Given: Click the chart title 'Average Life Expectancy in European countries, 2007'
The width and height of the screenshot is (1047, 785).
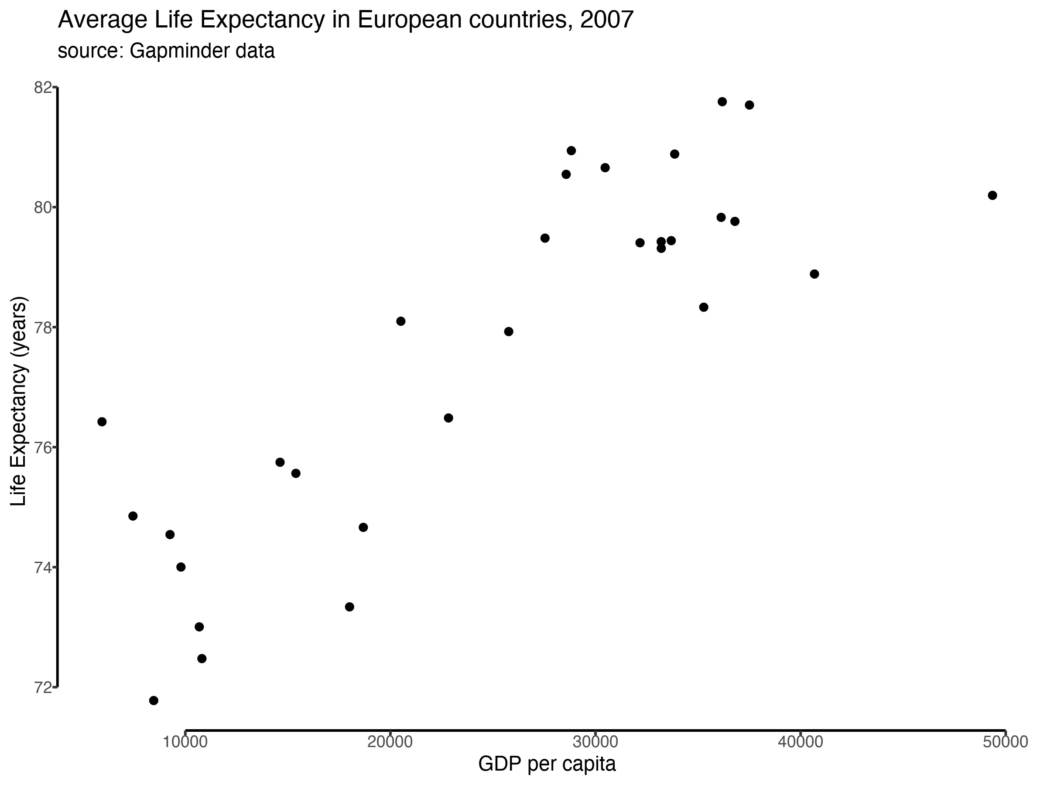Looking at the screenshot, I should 346,20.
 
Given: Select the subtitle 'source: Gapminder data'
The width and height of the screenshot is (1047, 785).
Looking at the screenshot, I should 166,51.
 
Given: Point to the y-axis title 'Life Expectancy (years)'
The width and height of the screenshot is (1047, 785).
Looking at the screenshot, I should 19,401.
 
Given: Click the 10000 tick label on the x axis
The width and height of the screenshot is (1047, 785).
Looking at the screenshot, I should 185,742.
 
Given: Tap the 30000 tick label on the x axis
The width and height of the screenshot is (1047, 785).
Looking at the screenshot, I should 595,742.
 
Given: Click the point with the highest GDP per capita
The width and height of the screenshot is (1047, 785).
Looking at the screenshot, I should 992,195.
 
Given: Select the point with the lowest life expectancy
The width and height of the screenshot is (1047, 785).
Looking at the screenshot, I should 154,700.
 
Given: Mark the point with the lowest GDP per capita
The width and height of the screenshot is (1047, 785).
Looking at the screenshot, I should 102,422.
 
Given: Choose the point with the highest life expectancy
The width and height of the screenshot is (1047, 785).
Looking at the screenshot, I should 722,102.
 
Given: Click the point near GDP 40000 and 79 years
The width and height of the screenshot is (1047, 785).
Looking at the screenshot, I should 814,274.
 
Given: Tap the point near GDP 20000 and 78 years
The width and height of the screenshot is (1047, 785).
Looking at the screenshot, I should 400,321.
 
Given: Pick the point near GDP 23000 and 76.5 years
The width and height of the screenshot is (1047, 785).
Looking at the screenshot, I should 448,418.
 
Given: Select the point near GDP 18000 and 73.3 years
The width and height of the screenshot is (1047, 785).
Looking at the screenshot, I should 349,607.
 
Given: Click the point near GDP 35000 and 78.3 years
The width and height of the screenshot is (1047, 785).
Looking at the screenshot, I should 703,307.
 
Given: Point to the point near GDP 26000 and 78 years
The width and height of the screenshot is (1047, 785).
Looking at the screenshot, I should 508,331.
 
